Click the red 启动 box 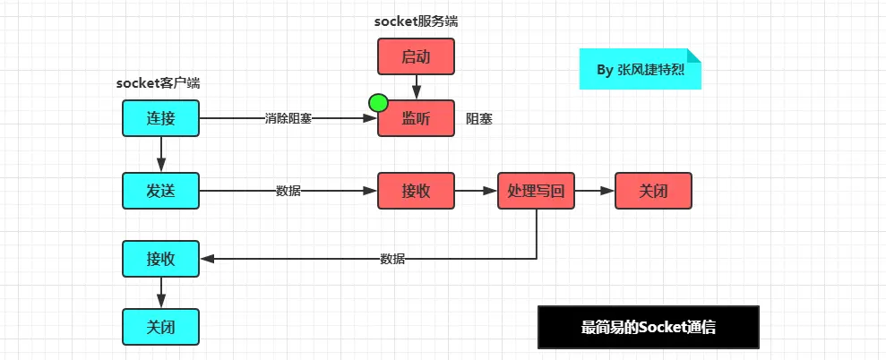[x=416, y=56]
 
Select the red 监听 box [x=416, y=119]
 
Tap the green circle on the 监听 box [x=378, y=103]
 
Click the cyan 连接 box [x=161, y=119]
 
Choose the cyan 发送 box [x=161, y=191]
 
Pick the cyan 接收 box [x=161, y=259]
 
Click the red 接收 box [x=416, y=191]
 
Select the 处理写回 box [x=536, y=191]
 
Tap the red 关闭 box [x=653, y=191]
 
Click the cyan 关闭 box [x=161, y=327]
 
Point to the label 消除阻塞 [x=288, y=119]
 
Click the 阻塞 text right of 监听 [x=479, y=119]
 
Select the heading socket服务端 [x=416, y=22]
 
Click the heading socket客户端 [x=159, y=83]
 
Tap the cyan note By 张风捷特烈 [x=641, y=69]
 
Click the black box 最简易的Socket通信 [x=648, y=327]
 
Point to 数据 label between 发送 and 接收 [x=288, y=191]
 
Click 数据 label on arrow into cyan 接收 [x=392, y=260]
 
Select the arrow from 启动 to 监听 [x=417, y=88]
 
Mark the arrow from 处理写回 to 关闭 [x=595, y=191]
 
